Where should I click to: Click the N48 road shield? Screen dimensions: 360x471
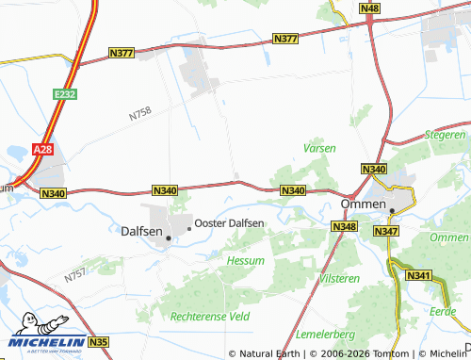pos(370,8)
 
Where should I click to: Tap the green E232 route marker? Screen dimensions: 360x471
pos(65,95)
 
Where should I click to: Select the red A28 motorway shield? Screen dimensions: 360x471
pos(41,150)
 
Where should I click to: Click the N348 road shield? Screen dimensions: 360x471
pos(343,227)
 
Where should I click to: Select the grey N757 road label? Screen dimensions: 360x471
pos(75,276)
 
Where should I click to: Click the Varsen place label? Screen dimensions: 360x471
pos(318,148)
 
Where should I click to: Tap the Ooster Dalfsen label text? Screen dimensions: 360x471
pos(229,222)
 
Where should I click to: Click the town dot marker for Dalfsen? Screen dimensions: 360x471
pos(169,238)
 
